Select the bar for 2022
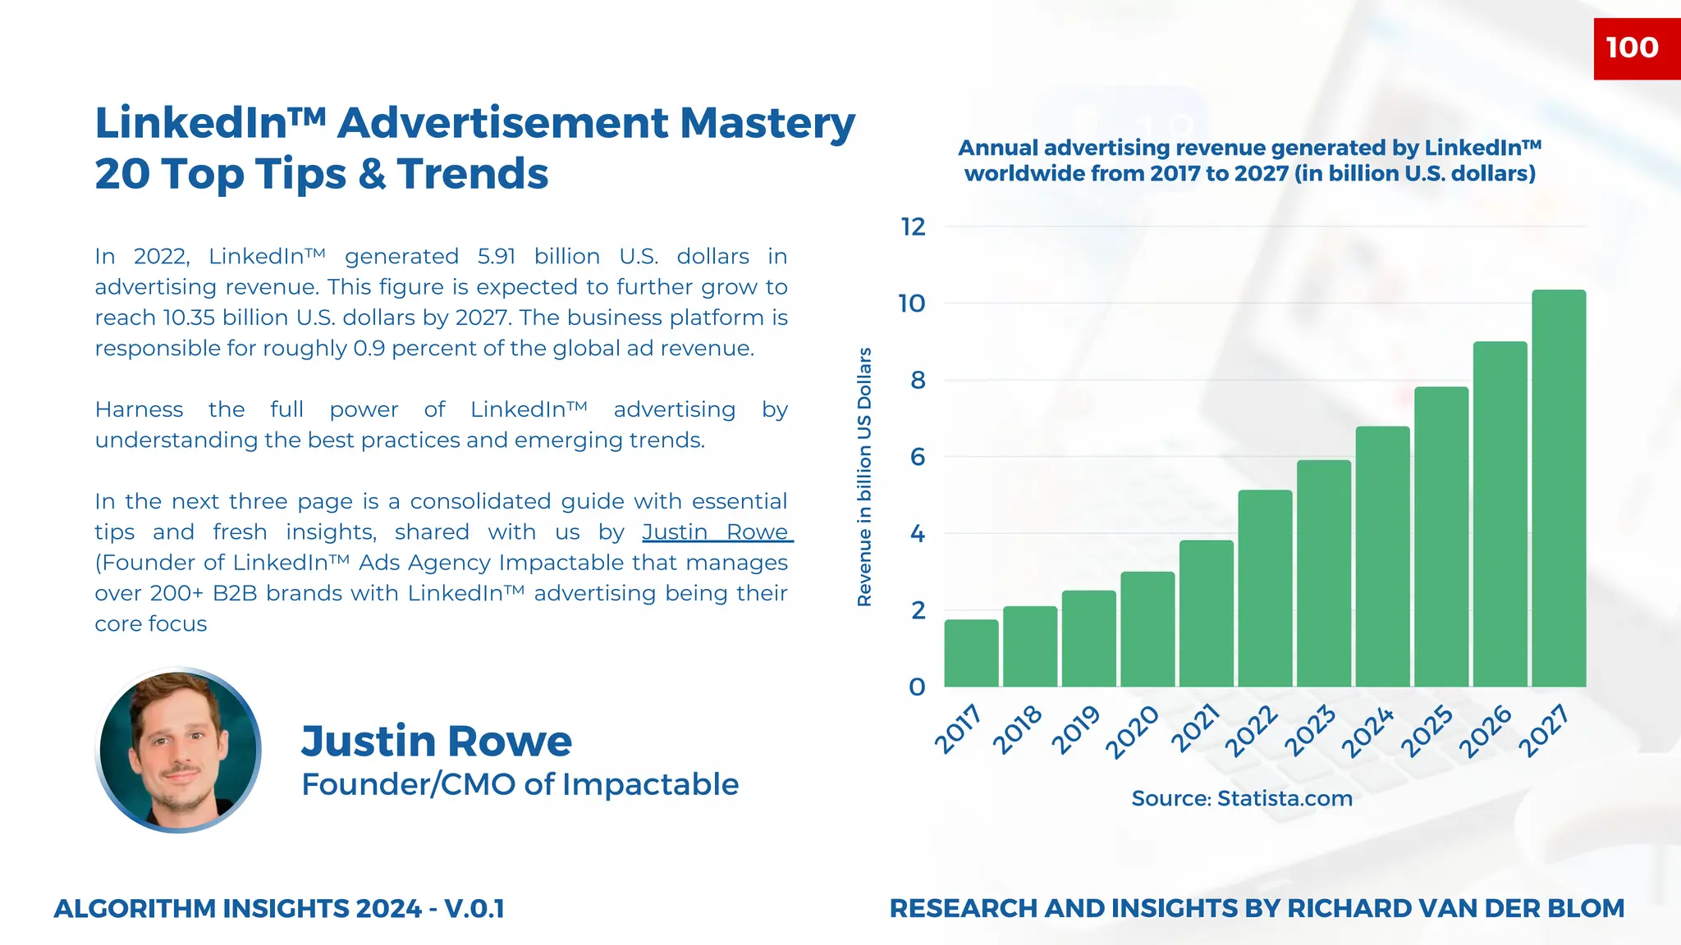click(x=1265, y=588)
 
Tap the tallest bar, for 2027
click(x=1559, y=488)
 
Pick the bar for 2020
click(x=1147, y=629)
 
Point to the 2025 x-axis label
click(x=1427, y=731)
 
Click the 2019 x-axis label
click(x=1075, y=729)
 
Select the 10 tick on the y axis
click(x=912, y=304)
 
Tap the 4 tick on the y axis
click(x=918, y=534)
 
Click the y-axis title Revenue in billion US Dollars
click(x=864, y=477)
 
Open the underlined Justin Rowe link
click(x=716, y=532)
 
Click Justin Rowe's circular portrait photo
click(x=179, y=750)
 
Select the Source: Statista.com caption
click(x=1241, y=798)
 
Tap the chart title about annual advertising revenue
click(x=1249, y=161)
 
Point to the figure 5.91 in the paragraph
click(x=496, y=257)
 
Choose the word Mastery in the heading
click(x=767, y=123)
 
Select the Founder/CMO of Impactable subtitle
click(x=520, y=784)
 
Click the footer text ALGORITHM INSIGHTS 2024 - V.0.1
click(x=279, y=909)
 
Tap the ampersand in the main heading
click(x=372, y=175)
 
